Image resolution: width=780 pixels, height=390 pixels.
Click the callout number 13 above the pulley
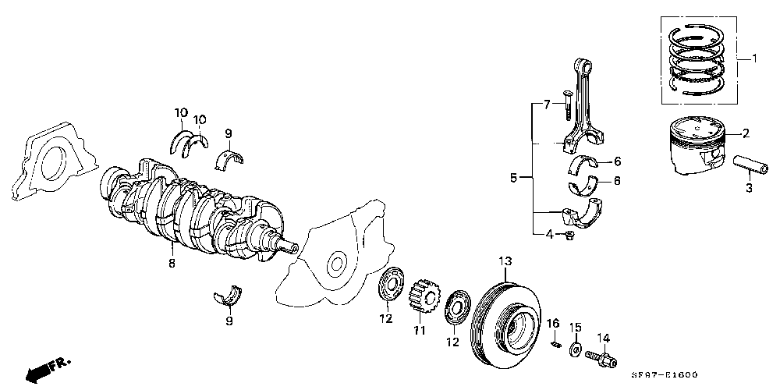505,261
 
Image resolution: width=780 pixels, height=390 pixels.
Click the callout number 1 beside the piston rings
754,59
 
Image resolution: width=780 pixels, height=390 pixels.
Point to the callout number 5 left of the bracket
513,179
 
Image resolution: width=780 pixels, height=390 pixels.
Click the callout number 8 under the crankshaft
172,264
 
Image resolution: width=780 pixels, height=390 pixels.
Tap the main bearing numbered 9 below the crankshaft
229,295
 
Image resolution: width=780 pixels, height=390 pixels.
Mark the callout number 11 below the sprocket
419,331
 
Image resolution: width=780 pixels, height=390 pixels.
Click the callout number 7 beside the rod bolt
547,105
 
